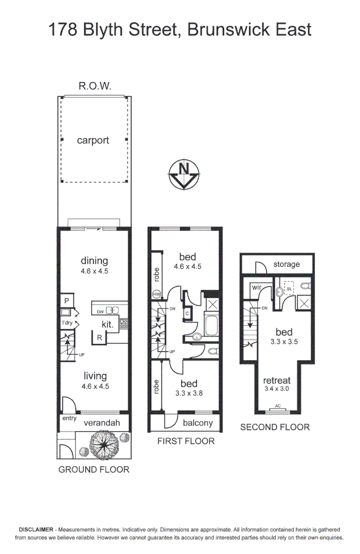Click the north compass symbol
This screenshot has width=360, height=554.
pos(184,174)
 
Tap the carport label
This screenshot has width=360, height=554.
pos(93,141)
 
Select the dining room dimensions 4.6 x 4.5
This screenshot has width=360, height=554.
pos(94,271)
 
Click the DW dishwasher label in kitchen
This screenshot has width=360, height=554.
pos(100,311)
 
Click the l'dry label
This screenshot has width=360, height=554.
pos(67,323)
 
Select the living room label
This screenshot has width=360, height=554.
pos(94,376)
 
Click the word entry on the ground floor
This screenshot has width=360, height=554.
pos(69,418)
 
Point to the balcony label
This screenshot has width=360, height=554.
pos(198,423)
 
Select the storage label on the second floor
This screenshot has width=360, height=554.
pos(287,264)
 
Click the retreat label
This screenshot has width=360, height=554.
pos(277,380)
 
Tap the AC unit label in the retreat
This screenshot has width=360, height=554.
pos(277,406)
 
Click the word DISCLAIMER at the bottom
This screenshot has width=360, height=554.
pos(35,529)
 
